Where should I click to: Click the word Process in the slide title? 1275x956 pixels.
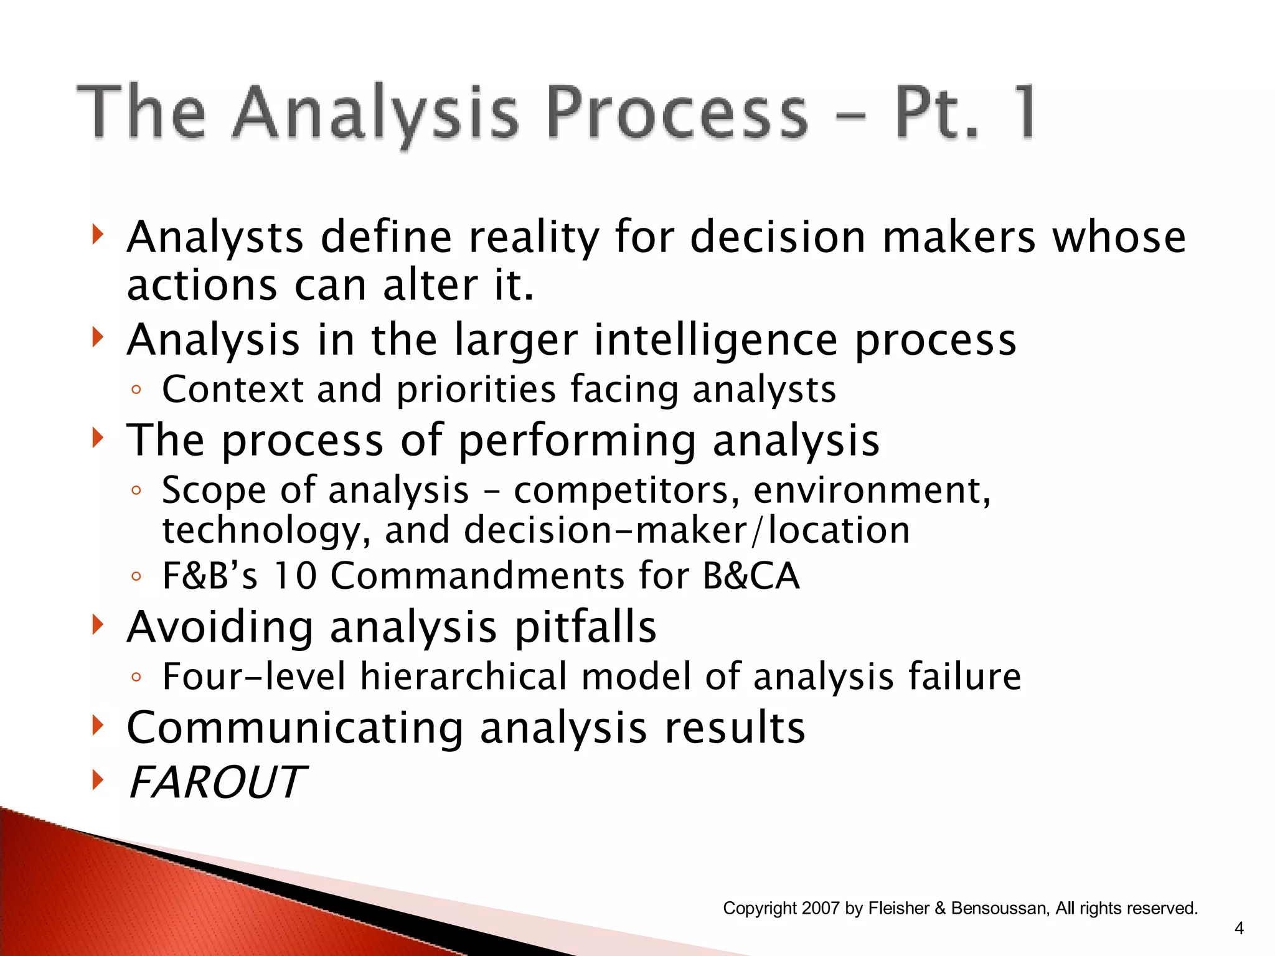[x=678, y=113]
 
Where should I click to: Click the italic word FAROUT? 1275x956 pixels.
[x=217, y=782]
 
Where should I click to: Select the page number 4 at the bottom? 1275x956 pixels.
[x=1239, y=929]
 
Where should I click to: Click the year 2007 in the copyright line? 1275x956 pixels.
[x=821, y=908]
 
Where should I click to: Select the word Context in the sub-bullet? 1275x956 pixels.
[x=232, y=390]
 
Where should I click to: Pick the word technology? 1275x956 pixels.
[x=261, y=530]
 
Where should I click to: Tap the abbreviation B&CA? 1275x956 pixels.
[x=751, y=575]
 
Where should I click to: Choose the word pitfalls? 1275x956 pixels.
[x=585, y=627]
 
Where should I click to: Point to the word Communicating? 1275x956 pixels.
[x=295, y=728]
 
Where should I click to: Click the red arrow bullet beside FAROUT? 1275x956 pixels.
[x=96, y=779]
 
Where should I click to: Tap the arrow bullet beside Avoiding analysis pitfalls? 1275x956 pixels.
[x=96, y=624]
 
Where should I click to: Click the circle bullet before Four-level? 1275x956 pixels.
[x=136, y=677]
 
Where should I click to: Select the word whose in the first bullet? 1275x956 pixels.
[x=1119, y=238]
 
